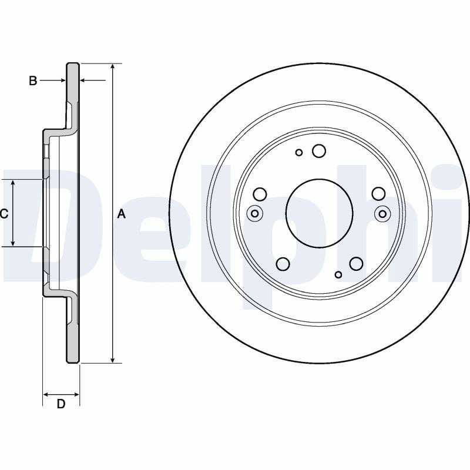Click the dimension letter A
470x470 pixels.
(x=121, y=214)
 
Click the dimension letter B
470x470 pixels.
(x=33, y=80)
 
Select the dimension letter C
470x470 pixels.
(x=4, y=214)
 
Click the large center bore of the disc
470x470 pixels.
(x=319, y=213)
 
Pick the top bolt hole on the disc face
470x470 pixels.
(x=318, y=151)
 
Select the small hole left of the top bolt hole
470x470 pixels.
(x=299, y=153)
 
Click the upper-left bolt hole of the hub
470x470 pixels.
(x=260, y=194)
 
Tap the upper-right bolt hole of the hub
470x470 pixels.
(x=378, y=194)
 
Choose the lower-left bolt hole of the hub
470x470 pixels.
(x=283, y=264)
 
